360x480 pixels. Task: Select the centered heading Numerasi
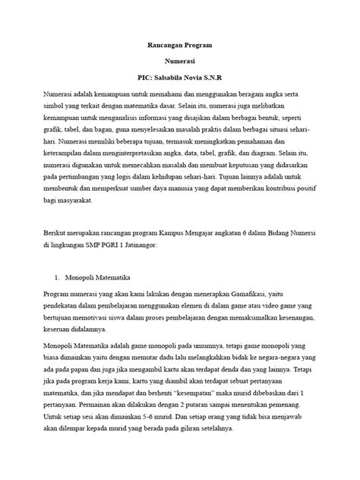[179, 62]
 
